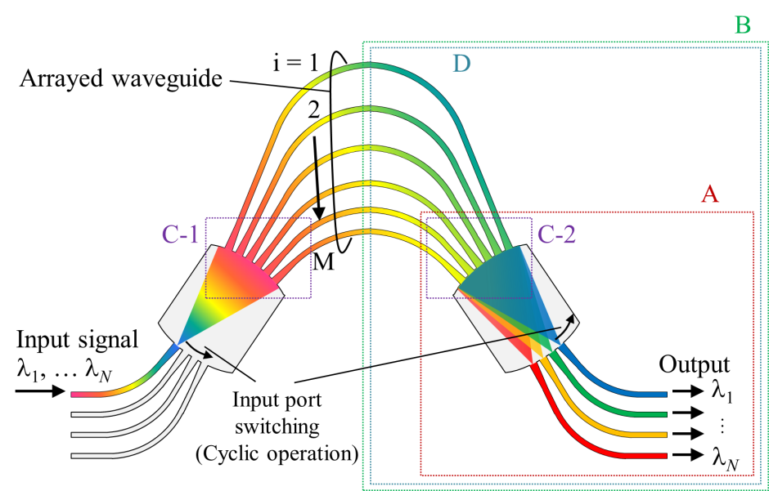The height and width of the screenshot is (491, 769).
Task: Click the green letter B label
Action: point(742,25)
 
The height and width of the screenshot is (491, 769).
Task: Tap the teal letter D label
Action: point(461,64)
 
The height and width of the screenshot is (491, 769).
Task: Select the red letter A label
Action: point(709,194)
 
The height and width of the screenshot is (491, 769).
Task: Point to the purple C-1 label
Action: point(181,235)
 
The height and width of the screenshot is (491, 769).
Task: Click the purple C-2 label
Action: point(556,235)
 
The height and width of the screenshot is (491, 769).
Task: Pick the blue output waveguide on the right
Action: point(638,395)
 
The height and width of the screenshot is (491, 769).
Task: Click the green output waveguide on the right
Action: point(638,415)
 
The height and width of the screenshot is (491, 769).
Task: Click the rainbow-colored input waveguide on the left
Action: point(106,394)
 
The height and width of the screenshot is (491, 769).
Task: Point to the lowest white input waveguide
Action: point(106,456)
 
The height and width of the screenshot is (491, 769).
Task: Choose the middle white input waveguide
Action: point(106,435)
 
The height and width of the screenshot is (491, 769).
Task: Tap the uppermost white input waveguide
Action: point(106,415)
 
